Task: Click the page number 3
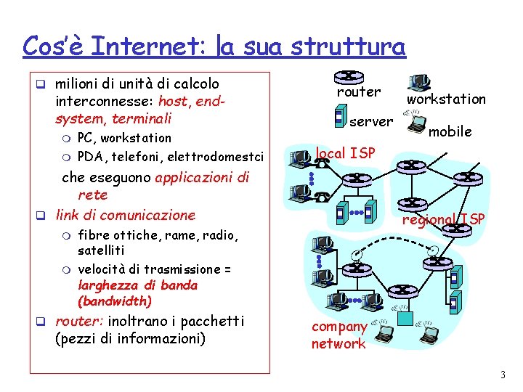point(501,375)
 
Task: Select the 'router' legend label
point(358,92)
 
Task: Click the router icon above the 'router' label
point(349,76)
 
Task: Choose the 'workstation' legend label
point(446,99)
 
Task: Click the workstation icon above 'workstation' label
point(419,82)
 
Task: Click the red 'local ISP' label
point(345,152)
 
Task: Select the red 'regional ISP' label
point(444,219)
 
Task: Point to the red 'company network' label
point(338,335)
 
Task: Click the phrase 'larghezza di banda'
point(137,285)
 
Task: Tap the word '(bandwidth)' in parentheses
point(115,301)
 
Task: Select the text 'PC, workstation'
point(124,138)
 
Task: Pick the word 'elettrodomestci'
point(216,155)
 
